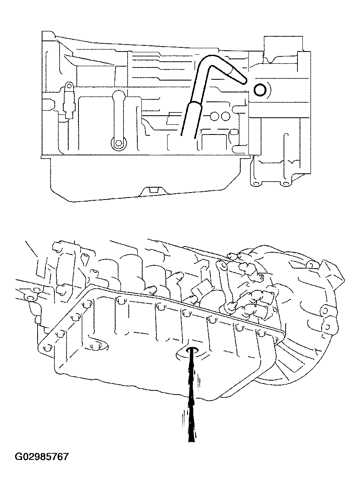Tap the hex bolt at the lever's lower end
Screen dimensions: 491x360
pyautogui.click(x=118, y=143)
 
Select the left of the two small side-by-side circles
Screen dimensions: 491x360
pyautogui.click(x=215, y=117)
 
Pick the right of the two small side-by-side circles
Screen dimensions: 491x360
pyautogui.click(x=225, y=117)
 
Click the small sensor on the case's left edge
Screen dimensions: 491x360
pyautogui.click(x=68, y=101)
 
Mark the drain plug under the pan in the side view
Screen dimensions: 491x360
pyautogui.click(x=153, y=190)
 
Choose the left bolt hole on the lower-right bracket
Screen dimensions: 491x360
pyautogui.click(x=256, y=183)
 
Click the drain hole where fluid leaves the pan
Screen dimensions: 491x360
pyautogui.click(x=192, y=350)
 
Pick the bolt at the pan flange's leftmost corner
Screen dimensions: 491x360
pyautogui.click(x=46, y=348)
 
